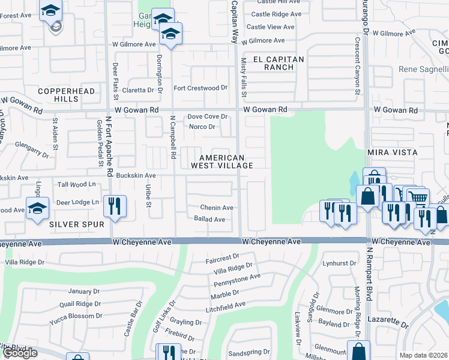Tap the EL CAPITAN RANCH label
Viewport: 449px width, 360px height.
(279, 63)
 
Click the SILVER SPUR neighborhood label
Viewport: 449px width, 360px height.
(77, 224)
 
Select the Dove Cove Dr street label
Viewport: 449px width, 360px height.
(208, 116)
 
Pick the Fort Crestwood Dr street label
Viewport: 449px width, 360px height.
(200, 88)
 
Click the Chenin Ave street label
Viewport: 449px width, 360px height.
(217, 208)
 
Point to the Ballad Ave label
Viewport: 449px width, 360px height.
(209, 220)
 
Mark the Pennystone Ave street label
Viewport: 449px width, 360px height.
(237, 280)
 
